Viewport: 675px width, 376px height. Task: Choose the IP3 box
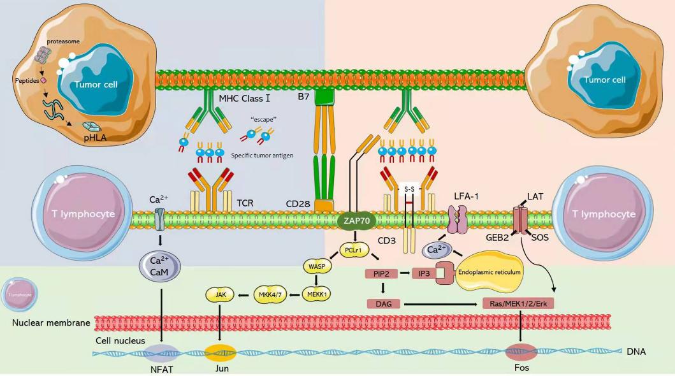(x=424, y=275)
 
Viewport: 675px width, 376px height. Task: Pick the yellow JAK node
(x=220, y=294)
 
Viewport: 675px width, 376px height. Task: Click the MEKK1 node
(x=316, y=294)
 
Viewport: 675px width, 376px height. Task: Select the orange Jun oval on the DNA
(x=221, y=352)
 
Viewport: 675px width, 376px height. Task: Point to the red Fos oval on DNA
(x=521, y=351)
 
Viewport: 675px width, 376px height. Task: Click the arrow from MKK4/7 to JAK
(x=243, y=294)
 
